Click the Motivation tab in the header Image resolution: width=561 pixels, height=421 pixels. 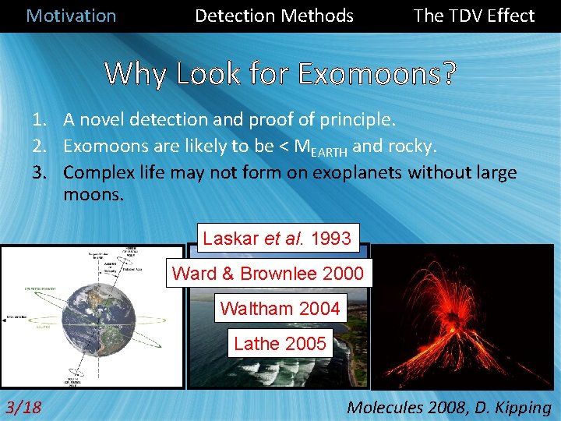click(x=71, y=16)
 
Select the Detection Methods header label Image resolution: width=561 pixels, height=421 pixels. click(x=273, y=16)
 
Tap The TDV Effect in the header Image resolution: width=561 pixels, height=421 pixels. click(x=474, y=16)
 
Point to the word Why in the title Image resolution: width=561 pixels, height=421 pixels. click(x=136, y=73)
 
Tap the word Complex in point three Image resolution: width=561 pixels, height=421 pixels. click(x=97, y=172)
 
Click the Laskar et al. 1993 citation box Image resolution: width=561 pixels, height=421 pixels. click(x=277, y=238)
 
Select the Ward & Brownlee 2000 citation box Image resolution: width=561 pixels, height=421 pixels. click(x=267, y=273)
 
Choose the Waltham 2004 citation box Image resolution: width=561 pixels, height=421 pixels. click(x=280, y=308)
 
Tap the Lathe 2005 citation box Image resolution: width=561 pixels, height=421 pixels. click(x=280, y=343)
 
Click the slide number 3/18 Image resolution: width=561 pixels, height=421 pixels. click(x=24, y=406)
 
